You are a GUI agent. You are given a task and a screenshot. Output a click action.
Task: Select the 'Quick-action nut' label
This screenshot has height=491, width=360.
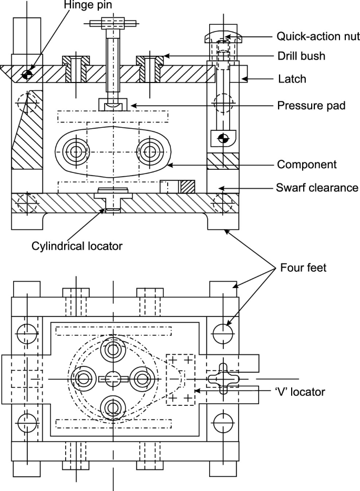[x=318, y=37]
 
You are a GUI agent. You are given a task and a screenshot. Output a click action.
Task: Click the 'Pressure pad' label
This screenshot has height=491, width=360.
[x=311, y=105]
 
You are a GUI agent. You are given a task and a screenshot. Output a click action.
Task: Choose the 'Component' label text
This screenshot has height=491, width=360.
[x=306, y=165]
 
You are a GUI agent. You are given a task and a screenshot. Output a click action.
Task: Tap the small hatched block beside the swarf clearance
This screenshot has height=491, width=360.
[x=187, y=186]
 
